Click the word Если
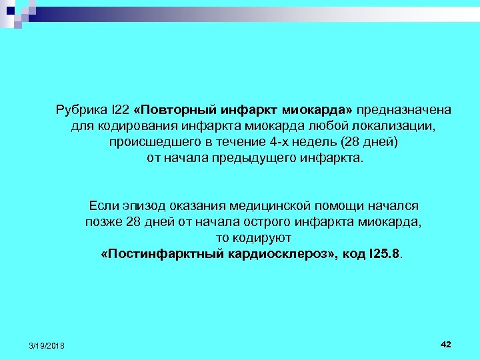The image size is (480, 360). pos(101,206)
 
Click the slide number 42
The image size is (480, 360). pos(446,344)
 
